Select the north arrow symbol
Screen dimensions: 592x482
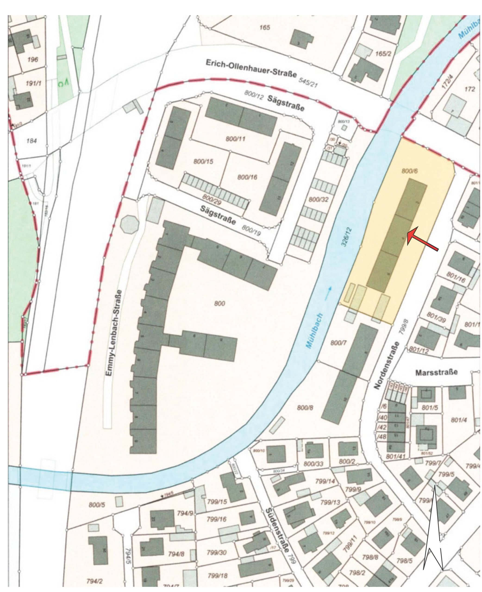tap(433, 531)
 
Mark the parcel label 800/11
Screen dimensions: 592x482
tap(235, 138)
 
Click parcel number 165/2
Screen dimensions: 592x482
tap(383, 53)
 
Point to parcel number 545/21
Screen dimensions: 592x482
tap(308, 82)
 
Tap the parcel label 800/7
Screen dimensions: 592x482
tap(338, 343)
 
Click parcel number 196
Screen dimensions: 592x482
tap(32, 60)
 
